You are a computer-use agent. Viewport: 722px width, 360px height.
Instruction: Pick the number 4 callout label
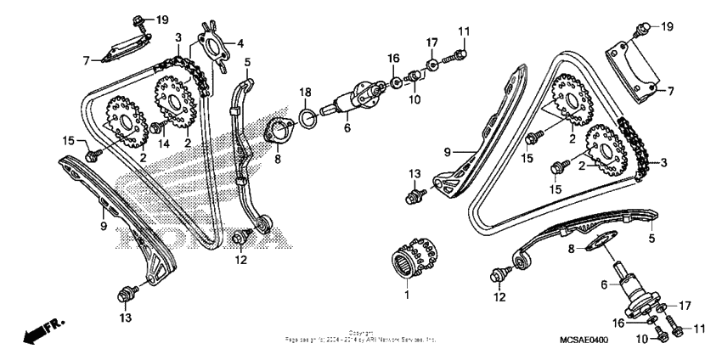240,42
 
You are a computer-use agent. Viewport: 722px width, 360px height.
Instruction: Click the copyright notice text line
361,337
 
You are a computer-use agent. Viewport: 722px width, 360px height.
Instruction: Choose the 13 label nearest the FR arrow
126,318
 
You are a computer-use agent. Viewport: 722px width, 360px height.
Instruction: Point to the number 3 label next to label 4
178,38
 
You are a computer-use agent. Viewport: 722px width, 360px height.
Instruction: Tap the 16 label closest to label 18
393,59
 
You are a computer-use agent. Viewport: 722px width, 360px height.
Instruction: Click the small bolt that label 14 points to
156,127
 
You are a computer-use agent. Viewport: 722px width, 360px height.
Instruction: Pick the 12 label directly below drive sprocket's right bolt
241,260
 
